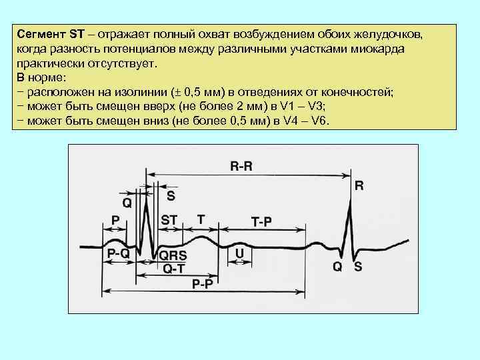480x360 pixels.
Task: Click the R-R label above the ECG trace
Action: pos(241,167)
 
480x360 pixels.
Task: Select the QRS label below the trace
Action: pos(173,255)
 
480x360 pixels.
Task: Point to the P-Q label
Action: pos(119,253)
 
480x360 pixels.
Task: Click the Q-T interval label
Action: pos(174,269)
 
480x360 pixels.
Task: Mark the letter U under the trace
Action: pos(240,253)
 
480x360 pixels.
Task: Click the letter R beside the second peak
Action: pos(359,187)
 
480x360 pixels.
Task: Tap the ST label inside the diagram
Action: pos(169,219)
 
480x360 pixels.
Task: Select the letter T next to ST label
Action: pos(201,218)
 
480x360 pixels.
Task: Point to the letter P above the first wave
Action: pos(115,220)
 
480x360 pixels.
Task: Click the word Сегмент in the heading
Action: pos(41,33)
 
